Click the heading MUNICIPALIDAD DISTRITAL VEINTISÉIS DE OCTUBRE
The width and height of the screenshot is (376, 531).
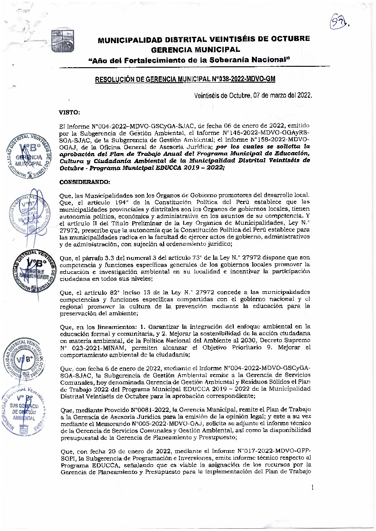click(x=204, y=39)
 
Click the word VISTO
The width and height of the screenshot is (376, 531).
click(x=70, y=111)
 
